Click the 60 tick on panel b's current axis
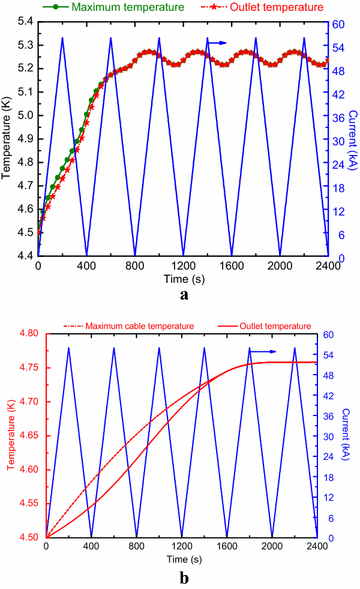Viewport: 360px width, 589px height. coord(330,333)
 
